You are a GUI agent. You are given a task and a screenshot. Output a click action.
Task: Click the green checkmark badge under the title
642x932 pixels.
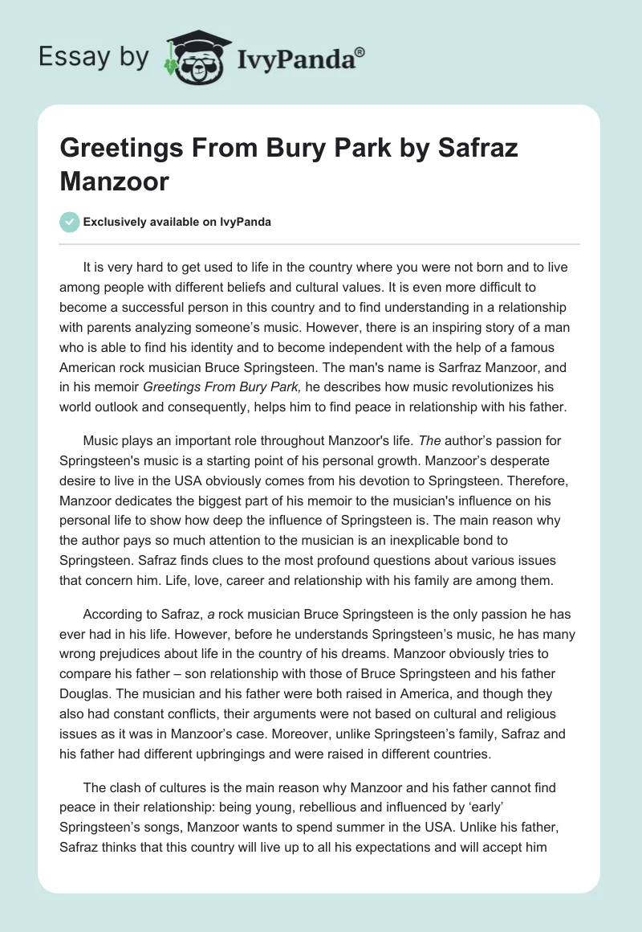click(70, 222)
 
